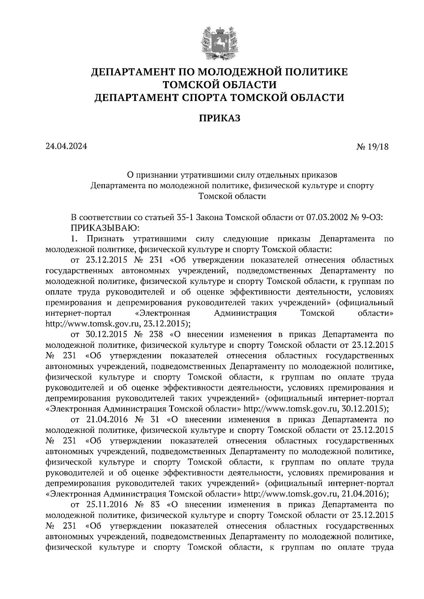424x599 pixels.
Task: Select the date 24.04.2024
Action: pyautogui.click(x=66, y=146)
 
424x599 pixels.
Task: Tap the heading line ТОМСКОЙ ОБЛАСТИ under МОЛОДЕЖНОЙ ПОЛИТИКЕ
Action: pyautogui.click(x=219, y=85)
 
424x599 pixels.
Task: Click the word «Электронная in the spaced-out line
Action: pyautogui.click(x=163, y=313)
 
